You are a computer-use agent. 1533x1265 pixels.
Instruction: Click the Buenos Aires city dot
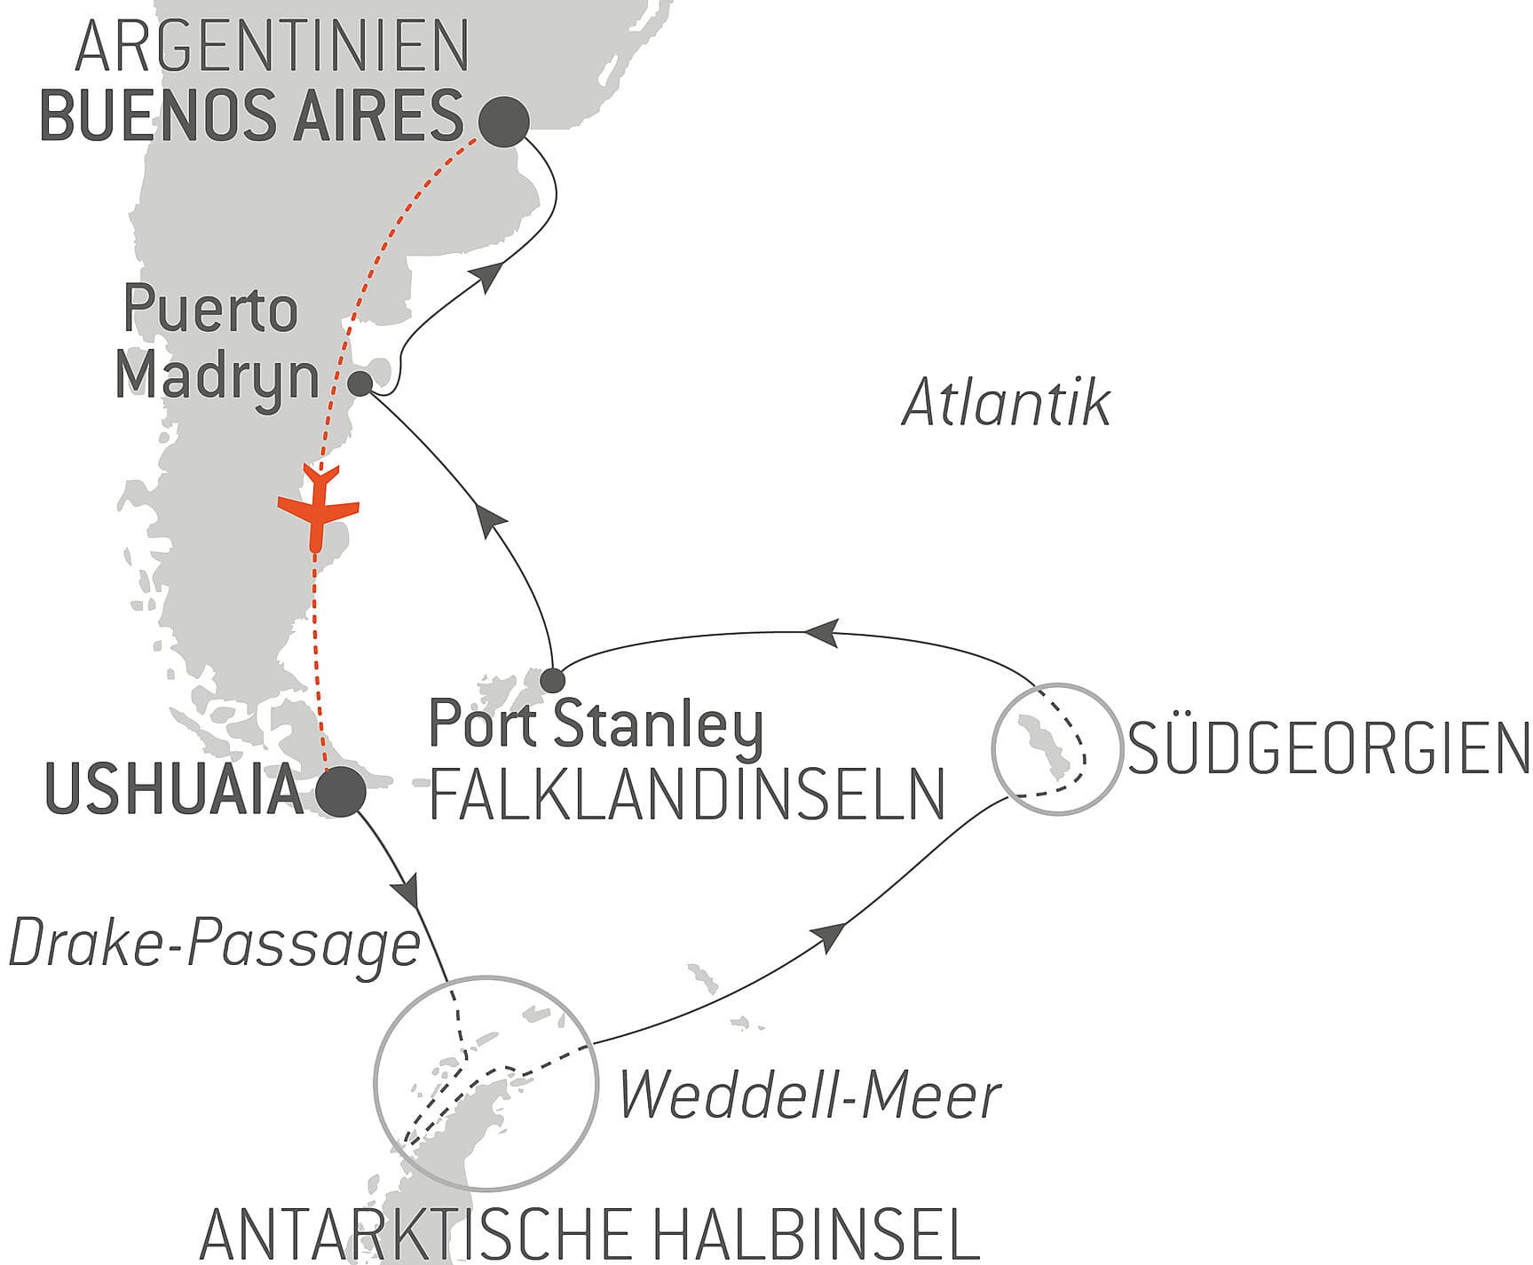503,121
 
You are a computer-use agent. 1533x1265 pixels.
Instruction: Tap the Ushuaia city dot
342,791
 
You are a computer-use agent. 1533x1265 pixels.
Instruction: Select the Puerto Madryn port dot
360,383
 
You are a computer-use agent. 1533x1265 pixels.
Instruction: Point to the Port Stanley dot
552,681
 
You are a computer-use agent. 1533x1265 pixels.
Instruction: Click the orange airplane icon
318,509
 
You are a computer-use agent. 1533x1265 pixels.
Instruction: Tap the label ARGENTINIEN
272,47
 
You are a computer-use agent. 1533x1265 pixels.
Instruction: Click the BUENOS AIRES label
252,116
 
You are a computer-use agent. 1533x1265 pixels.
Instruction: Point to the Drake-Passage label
214,945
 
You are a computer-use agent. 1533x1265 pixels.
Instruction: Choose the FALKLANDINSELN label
686,795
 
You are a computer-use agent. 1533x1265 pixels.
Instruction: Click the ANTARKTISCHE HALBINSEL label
589,1233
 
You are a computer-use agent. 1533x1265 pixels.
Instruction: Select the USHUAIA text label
174,790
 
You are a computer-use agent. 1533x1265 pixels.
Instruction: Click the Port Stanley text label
596,725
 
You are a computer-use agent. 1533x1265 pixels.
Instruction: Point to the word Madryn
217,376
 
